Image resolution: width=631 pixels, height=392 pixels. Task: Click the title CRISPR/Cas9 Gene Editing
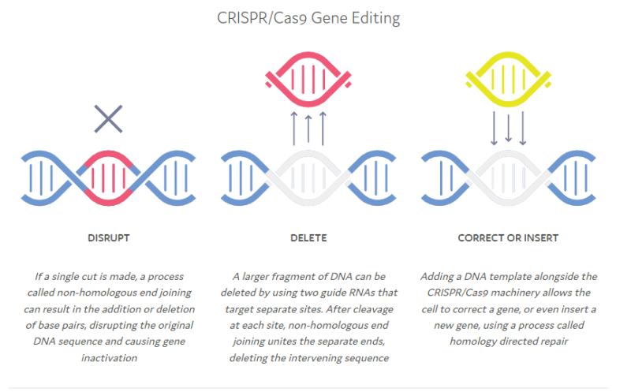click(x=308, y=18)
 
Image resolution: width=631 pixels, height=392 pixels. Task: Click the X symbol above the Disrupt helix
click(x=108, y=119)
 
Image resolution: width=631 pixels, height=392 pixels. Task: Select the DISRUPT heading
click(x=109, y=238)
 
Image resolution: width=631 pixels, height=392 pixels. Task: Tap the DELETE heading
click(x=308, y=238)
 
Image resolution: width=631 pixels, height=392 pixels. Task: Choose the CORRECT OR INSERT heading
click(x=508, y=238)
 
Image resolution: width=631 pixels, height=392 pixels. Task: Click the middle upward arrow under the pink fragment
click(x=308, y=129)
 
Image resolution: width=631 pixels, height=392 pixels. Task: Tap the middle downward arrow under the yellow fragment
click(x=508, y=127)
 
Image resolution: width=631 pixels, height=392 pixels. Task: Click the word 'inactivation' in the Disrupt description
click(x=109, y=358)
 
